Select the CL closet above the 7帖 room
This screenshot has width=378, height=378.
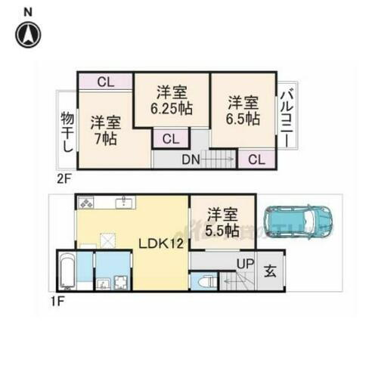click(106, 82)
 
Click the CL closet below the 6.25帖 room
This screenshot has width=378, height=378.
click(170, 138)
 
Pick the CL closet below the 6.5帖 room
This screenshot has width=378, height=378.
click(256, 159)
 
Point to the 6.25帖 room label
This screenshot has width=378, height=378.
click(171, 101)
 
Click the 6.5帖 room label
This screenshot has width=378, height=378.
click(243, 110)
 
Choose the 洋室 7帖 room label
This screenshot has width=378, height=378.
click(105, 130)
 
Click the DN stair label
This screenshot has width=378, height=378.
click(191, 159)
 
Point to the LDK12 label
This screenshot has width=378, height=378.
click(160, 244)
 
